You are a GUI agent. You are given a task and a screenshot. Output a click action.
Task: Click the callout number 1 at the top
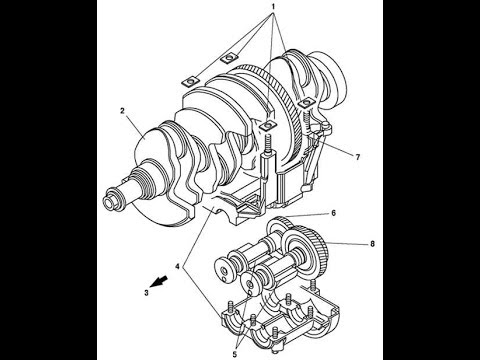[273, 6]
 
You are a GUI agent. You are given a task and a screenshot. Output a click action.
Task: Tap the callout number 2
[122, 111]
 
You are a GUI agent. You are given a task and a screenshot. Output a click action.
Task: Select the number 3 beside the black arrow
[146, 293]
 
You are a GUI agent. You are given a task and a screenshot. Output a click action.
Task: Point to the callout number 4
[179, 267]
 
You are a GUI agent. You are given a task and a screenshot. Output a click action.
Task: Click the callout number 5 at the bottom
[235, 354]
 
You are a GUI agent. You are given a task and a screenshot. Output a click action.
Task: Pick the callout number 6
[333, 213]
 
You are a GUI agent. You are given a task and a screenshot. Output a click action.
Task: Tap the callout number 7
[358, 157]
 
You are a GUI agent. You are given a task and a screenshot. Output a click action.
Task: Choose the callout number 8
[372, 244]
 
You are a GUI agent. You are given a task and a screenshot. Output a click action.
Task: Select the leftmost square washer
[191, 82]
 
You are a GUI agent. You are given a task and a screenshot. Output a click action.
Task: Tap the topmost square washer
[229, 58]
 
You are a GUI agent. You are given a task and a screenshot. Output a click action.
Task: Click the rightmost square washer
[307, 103]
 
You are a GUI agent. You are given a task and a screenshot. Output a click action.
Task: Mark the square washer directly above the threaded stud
[268, 125]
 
